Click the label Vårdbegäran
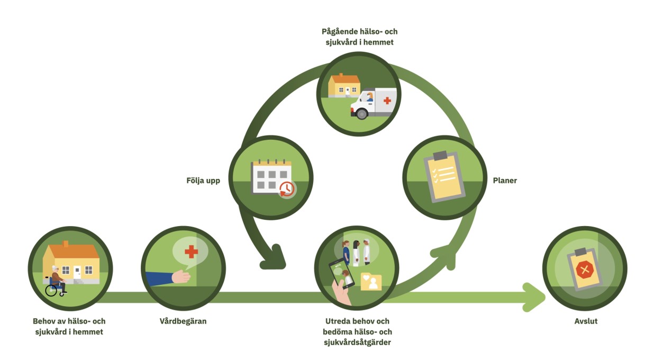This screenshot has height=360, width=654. tap(183, 321)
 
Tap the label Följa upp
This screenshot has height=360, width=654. tap(203, 181)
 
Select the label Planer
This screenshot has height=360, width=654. tap(505, 181)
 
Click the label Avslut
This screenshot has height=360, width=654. tap(586, 321)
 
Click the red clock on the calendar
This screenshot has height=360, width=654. tap(287, 189)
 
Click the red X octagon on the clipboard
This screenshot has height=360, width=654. tap(585, 271)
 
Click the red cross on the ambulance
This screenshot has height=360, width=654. tap(387, 100)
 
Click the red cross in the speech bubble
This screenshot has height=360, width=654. tap(190, 251)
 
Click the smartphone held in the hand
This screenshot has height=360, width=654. tap(341, 273)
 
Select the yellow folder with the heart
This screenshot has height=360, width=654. tap(371, 282)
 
